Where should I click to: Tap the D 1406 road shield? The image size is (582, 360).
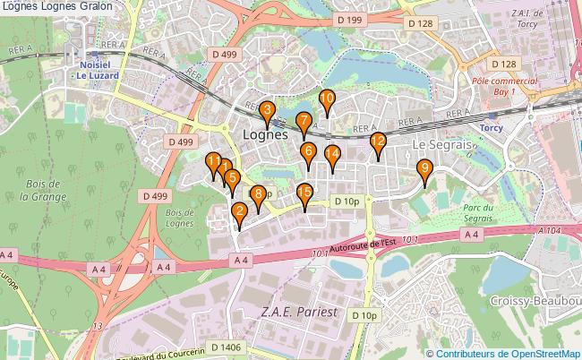coord(226,346)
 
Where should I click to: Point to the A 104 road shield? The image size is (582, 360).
coord(552,230)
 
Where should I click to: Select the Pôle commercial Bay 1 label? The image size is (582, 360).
coord(504,86)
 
